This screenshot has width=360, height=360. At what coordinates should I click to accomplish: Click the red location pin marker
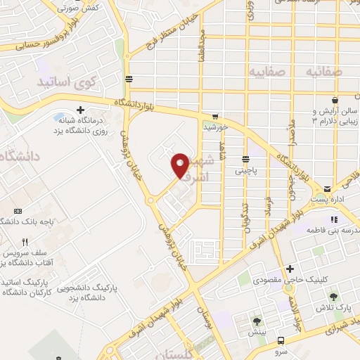[x=180, y=165]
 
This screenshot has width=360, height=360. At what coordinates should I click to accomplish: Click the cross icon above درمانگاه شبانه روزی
[x=81, y=110]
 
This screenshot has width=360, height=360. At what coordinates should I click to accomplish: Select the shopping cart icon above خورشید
[x=215, y=117]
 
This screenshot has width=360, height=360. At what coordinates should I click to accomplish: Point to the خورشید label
[x=215, y=128]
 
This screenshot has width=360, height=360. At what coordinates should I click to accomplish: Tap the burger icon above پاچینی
[x=245, y=159]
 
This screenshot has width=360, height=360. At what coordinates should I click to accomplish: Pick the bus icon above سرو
[x=281, y=337]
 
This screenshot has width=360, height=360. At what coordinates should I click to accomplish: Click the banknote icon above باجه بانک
[x=18, y=210]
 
